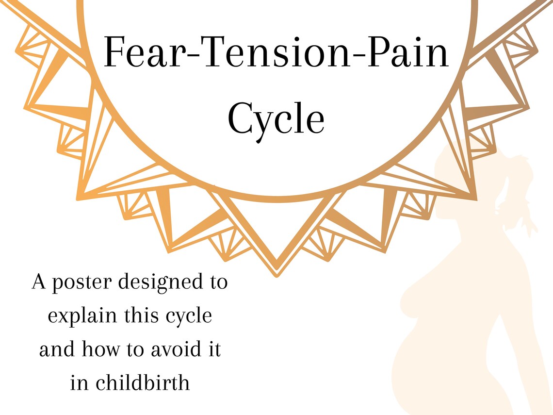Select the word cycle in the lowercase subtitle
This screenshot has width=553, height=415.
186,316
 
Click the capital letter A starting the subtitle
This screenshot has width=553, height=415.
39,283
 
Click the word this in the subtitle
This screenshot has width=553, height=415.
140,316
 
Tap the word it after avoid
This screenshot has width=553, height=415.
215,349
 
